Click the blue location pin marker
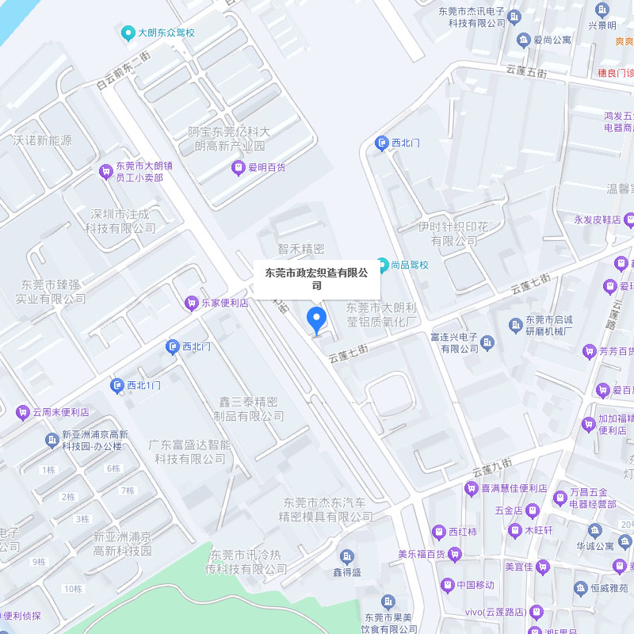(x=316, y=319)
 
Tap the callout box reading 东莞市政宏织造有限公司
(x=316, y=279)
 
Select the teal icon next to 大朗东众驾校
(x=128, y=33)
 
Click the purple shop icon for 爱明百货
(x=238, y=167)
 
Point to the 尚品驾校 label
(x=409, y=265)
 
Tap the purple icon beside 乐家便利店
(x=191, y=303)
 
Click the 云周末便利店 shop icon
(x=22, y=412)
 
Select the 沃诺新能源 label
(x=42, y=140)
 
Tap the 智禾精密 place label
(x=301, y=249)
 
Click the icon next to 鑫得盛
(x=347, y=556)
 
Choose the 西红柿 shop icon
(x=438, y=532)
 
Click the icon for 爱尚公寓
(x=523, y=40)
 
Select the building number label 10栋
(x=73, y=588)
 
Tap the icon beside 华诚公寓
(x=595, y=530)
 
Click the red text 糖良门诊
(x=616, y=73)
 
